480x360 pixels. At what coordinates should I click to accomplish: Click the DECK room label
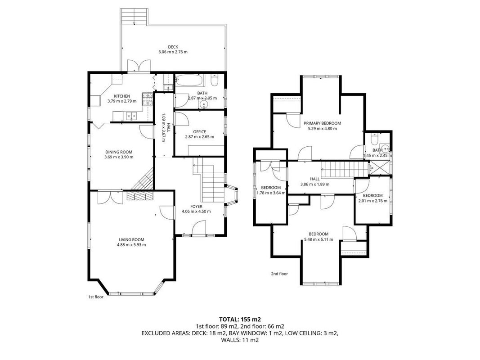[173, 47]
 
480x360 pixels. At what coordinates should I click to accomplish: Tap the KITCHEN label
[122, 96]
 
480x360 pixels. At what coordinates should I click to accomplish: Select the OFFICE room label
[200, 132]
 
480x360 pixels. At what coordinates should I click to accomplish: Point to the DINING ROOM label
[119, 152]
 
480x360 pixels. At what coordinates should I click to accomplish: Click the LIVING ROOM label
[131, 240]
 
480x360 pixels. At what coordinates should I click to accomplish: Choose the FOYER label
[196, 207]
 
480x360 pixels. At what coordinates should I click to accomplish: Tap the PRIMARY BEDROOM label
[323, 123]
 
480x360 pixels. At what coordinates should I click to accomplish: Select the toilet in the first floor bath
[215, 81]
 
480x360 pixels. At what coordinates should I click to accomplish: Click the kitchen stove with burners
[147, 99]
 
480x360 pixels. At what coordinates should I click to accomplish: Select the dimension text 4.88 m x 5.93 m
[131, 245]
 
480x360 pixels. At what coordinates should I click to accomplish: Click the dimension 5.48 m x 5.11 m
[319, 239]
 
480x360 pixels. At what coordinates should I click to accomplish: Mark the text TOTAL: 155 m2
[240, 320]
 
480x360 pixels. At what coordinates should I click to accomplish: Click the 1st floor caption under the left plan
[96, 297]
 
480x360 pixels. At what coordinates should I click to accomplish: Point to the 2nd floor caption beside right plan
[279, 274]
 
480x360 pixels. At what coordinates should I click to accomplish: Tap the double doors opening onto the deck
[139, 66]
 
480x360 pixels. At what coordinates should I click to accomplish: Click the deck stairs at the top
[135, 17]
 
